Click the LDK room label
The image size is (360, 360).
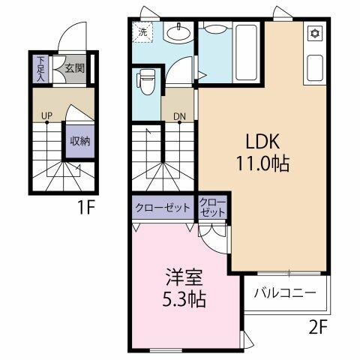pyautogui.click(x=262, y=142)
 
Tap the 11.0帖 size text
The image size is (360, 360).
pyautogui.click(x=262, y=163)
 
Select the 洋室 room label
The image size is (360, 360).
pyautogui.click(x=184, y=277)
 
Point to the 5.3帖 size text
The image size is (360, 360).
pyautogui.click(x=184, y=299)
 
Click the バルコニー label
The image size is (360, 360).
pyautogui.click(x=285, y=292)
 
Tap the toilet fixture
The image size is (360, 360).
pyautogui.click(x=145, y=82)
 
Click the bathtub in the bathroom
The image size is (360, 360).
pyautogui.click(x=247, y=53)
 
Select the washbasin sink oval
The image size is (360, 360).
pyautogui.click(x=178, y=32)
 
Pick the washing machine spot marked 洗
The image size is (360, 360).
pyautogui.click(x=142, y=32)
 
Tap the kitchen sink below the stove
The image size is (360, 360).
pyautogui.click(x=314, y=68)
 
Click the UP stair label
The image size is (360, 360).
pyautogui.click(x=46, y=115)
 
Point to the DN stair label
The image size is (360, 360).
pyautogui.click(x=180, y=116)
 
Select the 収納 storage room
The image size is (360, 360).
pyautogui.click(x=80, y=142)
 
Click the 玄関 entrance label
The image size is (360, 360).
pyautogui.click(x=74, y=68)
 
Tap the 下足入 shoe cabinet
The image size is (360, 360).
pyautogui.click(x=40, y=69)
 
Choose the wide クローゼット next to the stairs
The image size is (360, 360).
pyautogui.click(x=163, y=208)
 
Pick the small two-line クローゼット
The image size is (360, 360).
pyautogui.click(x=212, y=208)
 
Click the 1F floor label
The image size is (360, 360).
pyautogui.click(x=86, y=207)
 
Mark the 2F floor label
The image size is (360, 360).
pyautogui.click(x=318, y=328)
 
